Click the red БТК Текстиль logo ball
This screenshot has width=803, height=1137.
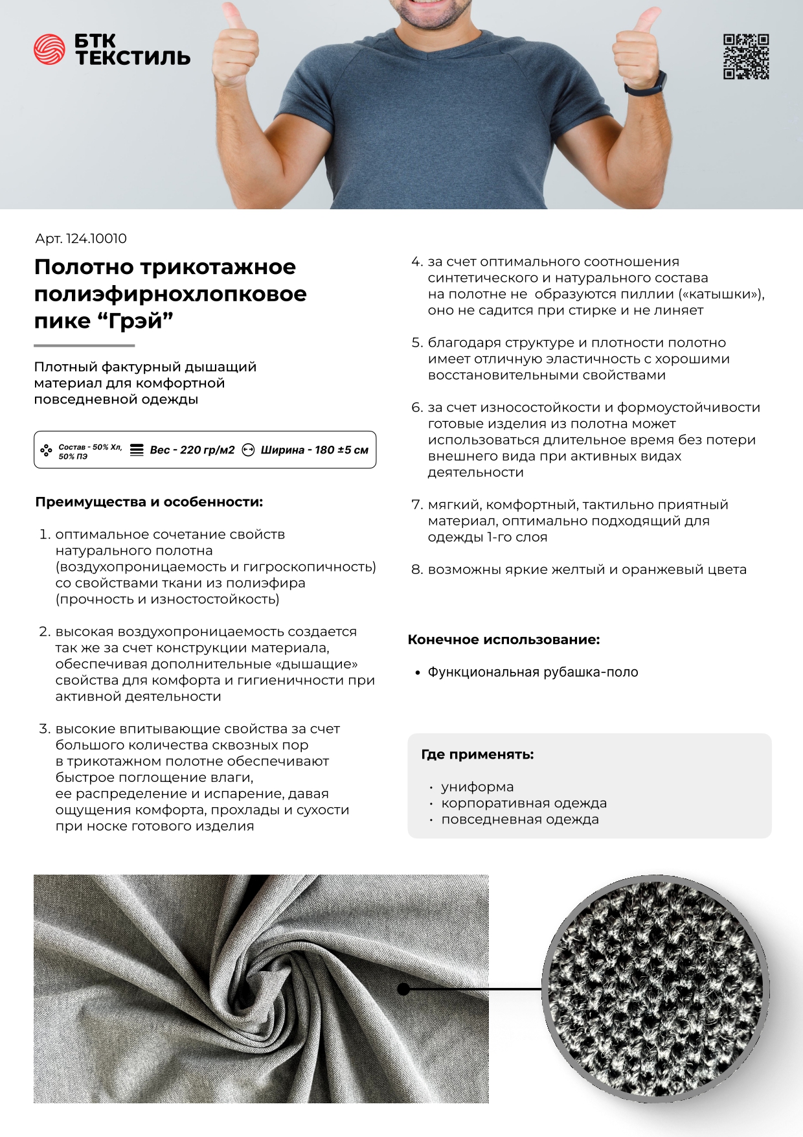(x=49, y=50)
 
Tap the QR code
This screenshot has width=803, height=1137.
(x=746, y=57)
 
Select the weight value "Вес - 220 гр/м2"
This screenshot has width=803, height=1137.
(x=192, y=450)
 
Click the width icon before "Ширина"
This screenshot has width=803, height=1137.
(x=248, y=450)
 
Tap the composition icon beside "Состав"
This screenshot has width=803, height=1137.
(x=46, y=450)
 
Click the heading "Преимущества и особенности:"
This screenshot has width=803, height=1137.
(x=149, y=502)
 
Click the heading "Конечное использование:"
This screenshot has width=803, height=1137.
(x=503, y=639)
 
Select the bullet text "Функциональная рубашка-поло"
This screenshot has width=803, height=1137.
(x=532, y=672)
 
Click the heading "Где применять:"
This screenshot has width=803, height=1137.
(x=477, y=754)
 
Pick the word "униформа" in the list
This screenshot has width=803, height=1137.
(x=477, y=787)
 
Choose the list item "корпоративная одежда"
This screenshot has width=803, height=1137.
(x=524, y=803)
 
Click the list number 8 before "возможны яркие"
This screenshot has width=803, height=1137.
(x=416, y=569)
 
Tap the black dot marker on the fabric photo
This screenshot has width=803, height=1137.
(x=403, y=989)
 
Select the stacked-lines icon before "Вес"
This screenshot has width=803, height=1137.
(x=137, y=450)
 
